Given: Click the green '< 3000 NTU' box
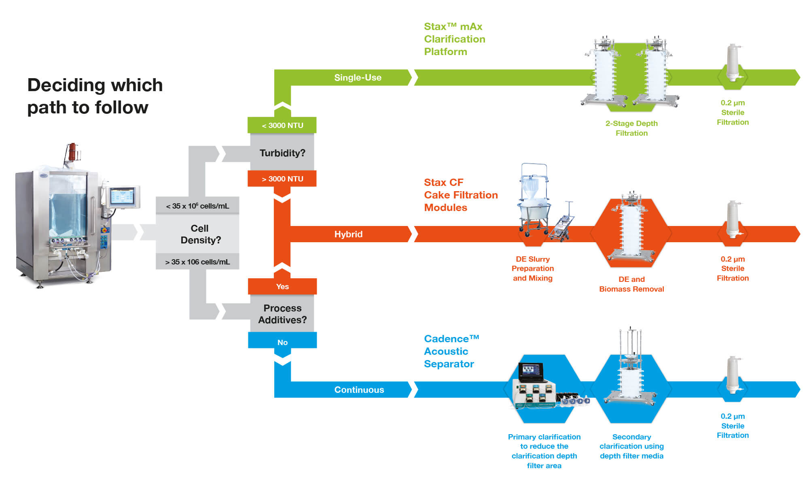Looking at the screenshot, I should point(282,125).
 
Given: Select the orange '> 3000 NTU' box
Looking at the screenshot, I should point(282,179).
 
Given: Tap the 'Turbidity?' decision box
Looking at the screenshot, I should point(282,153).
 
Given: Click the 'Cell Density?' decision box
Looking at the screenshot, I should point(200,234).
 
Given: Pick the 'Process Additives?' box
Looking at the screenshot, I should point(282,314).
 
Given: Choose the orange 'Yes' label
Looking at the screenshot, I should point(282,286).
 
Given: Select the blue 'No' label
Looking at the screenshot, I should point(282,342).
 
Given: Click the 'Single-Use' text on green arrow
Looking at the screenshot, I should point(358,77).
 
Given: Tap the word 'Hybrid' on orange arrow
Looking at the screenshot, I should point(348,234).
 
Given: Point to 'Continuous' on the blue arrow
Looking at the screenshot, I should point(359,390).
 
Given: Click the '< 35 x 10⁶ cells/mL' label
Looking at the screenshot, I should point(197,206).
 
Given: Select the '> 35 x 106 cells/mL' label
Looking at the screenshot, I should point(197,262).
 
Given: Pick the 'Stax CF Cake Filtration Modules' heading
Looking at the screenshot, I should point(460,195).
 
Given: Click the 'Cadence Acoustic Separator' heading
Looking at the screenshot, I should point(451,351).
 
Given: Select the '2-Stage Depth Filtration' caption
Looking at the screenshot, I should point(631,128).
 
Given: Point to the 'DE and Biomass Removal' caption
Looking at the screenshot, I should point(631,284).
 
